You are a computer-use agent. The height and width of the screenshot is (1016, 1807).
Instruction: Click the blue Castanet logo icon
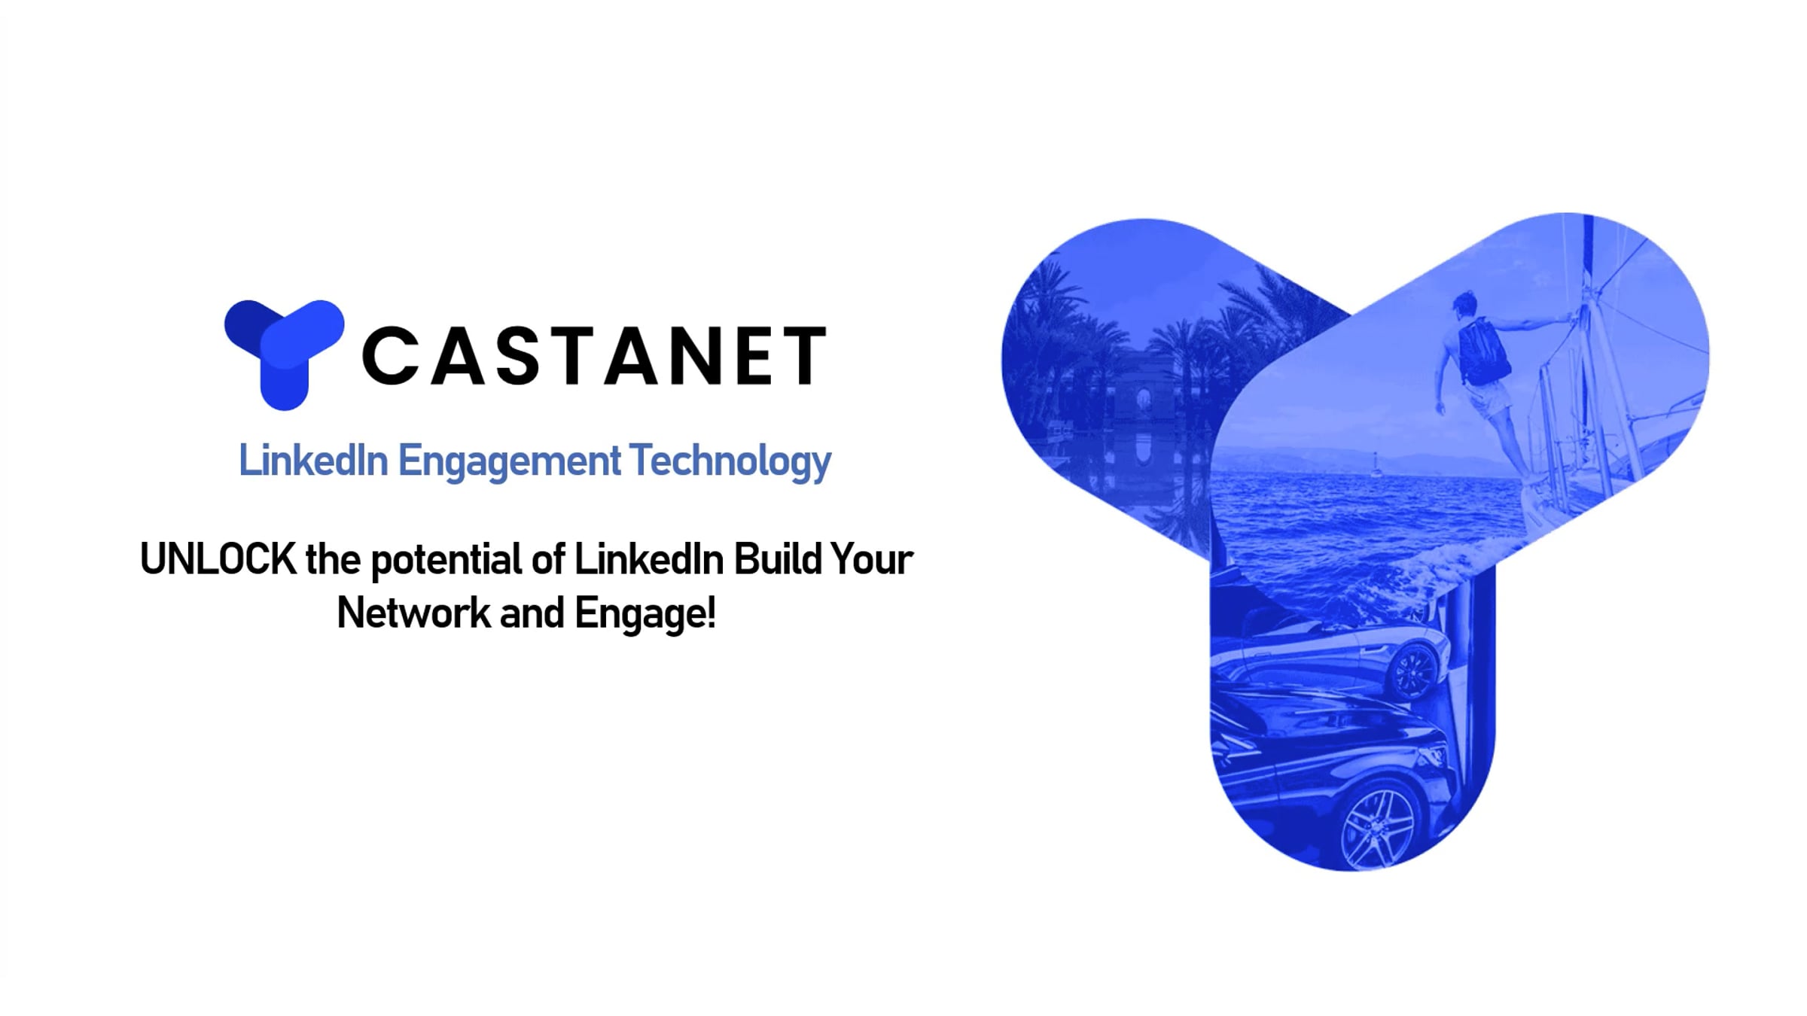tap(284, 354)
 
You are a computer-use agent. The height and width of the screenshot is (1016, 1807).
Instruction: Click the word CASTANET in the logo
tap(595, 355)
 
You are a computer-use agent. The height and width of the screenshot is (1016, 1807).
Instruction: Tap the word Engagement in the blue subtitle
tap(509, 461)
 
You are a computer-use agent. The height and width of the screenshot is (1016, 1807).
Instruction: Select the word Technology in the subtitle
tap(730, 461)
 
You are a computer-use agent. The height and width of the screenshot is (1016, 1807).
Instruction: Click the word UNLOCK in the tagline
tap(218, 559)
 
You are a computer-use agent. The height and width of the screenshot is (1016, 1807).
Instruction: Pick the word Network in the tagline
tap(413, 613)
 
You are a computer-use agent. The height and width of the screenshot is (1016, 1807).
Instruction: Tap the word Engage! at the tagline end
tap(645, 614)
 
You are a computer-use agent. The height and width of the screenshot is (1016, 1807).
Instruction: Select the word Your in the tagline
tap(872, 559)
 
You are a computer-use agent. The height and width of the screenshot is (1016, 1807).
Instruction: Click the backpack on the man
tap(1482, 351)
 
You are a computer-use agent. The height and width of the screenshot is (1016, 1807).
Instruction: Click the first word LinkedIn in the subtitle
tap(313, 461)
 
